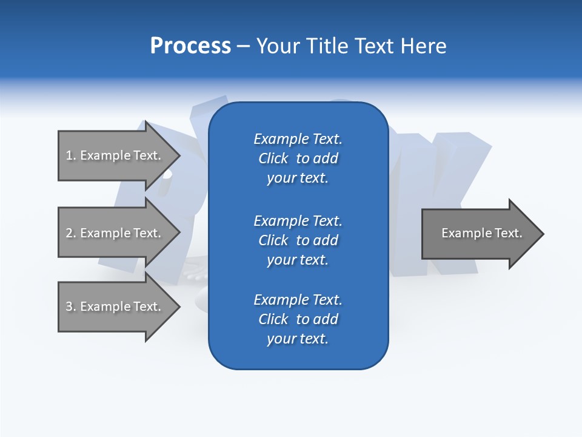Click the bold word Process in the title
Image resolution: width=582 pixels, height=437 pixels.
click(190, 46)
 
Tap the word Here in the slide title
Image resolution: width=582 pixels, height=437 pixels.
click(423, 46)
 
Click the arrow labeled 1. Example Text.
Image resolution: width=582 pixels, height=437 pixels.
click(113, 155)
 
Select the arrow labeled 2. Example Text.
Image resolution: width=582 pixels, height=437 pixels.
click(113, 233)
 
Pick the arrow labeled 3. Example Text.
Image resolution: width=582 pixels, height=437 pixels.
click(113, 307)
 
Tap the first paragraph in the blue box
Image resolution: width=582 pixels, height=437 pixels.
click(298, 158)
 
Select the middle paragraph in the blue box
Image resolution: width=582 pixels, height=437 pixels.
click(298, 240)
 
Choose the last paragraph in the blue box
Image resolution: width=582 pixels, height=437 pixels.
click(298, 319)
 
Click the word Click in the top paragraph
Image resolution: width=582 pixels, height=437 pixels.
click(273, 158)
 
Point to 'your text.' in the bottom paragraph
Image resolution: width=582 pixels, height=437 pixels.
click(298, 339)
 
